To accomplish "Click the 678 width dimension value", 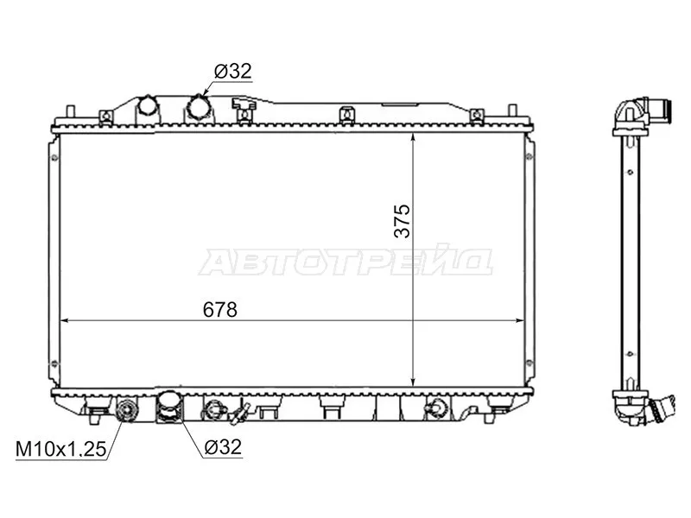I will click(220, 309).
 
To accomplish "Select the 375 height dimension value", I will click(401, 221).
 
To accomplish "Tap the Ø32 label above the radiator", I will click(231, 73).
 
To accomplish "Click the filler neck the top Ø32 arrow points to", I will click(199, 109).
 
